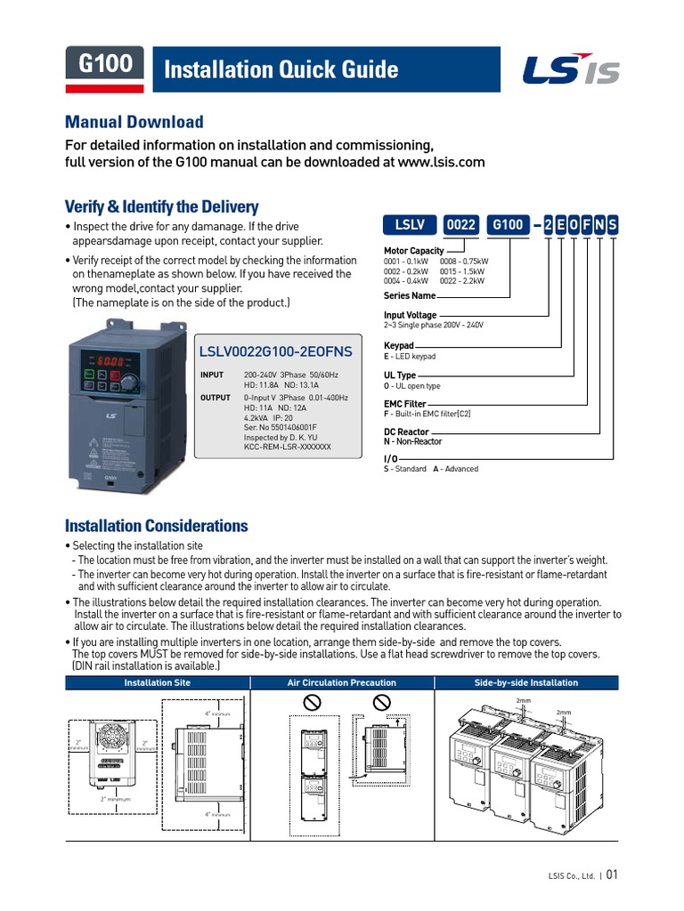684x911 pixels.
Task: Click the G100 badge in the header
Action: coord(105,64)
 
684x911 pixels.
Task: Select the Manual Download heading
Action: coord(134,122)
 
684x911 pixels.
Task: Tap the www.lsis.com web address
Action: coord(441,162)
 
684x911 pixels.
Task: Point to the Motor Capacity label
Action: coord(413,251)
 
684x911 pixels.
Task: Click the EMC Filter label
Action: coord(404,404)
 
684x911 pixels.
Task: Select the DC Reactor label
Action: coord(406,432)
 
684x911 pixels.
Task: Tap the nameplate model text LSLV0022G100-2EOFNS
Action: coord(276,352)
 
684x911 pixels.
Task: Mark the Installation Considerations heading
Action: coord(157,526)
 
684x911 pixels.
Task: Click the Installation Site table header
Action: coord(157,683)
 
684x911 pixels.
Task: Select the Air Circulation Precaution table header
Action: coord(341,683)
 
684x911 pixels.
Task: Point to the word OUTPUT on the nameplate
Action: coord(215,398)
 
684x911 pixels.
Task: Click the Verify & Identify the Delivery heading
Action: coord(162,206)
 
